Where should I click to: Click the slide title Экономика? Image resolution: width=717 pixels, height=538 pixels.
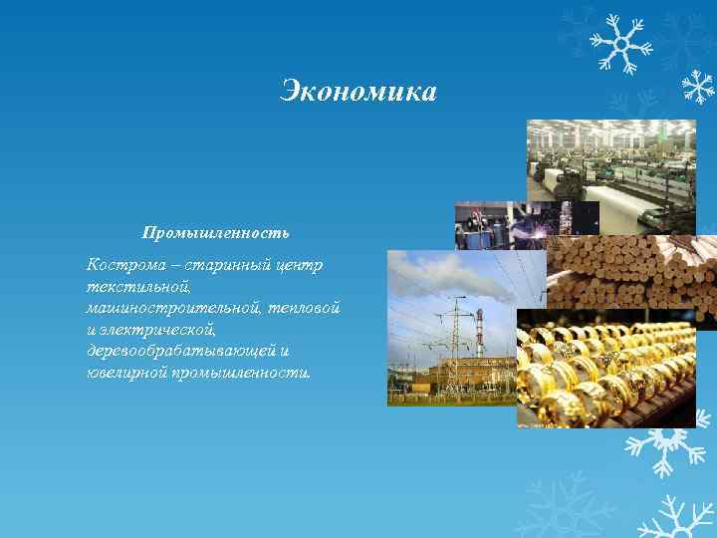(358, 92)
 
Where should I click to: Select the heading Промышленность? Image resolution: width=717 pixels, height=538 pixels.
(215, 232)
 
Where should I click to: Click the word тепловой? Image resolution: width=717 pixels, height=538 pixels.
(306, 308)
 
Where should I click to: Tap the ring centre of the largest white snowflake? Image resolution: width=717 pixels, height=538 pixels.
(620, 42)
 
